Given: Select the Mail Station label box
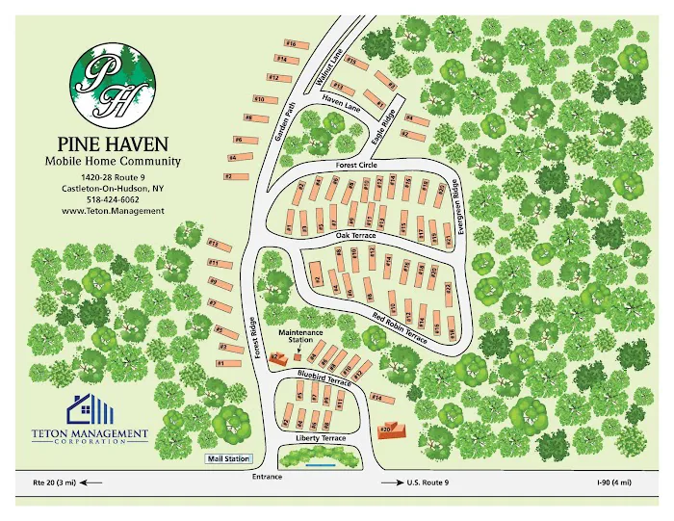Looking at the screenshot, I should [229, 458].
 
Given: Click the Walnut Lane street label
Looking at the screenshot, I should [329, 68].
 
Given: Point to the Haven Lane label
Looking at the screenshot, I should [339, 99].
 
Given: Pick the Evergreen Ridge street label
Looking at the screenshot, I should [459, 209].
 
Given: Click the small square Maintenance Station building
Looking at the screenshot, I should [297, 359].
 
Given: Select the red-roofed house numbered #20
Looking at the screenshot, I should [389, 430].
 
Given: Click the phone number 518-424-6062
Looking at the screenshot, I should [113, 199].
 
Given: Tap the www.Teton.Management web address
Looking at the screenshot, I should [113, 210].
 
